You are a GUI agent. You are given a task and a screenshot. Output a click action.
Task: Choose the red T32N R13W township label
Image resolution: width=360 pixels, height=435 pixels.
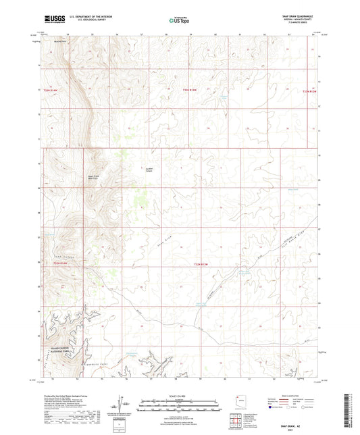(x=192, y=90)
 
